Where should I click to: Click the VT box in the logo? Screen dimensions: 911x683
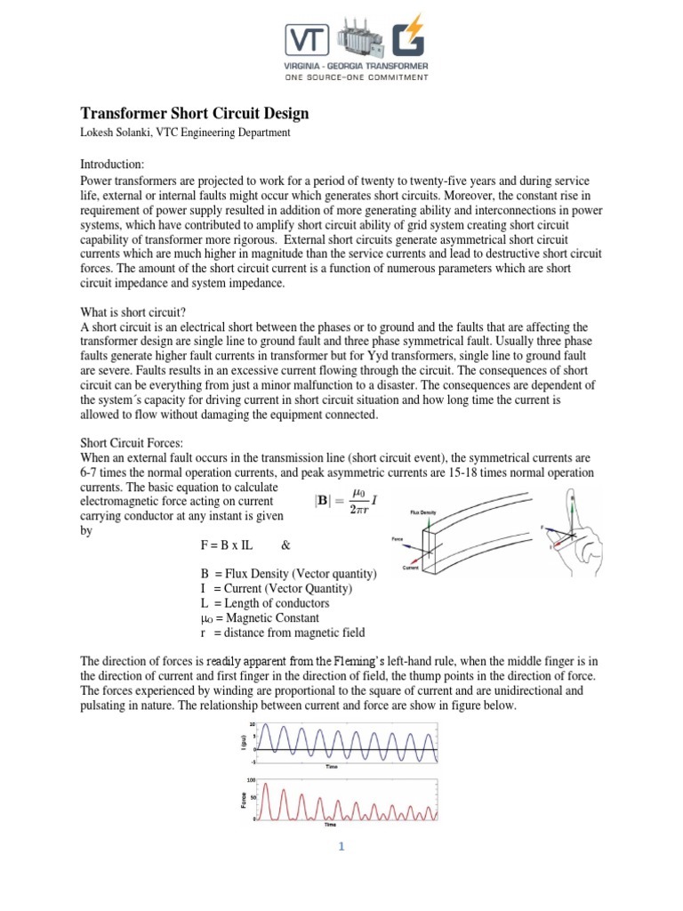pyautogui.click(x=305, y=38)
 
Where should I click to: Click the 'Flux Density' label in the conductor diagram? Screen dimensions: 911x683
pyautogui.click(x=422, y=513)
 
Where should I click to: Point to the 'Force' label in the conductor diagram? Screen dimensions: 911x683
pyautogui.click(x=398, y=539)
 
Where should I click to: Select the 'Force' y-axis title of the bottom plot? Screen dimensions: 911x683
pyautogui.click(x=244, y=801)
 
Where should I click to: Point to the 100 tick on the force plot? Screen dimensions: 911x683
pyautogui.click(x=253, y=780)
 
